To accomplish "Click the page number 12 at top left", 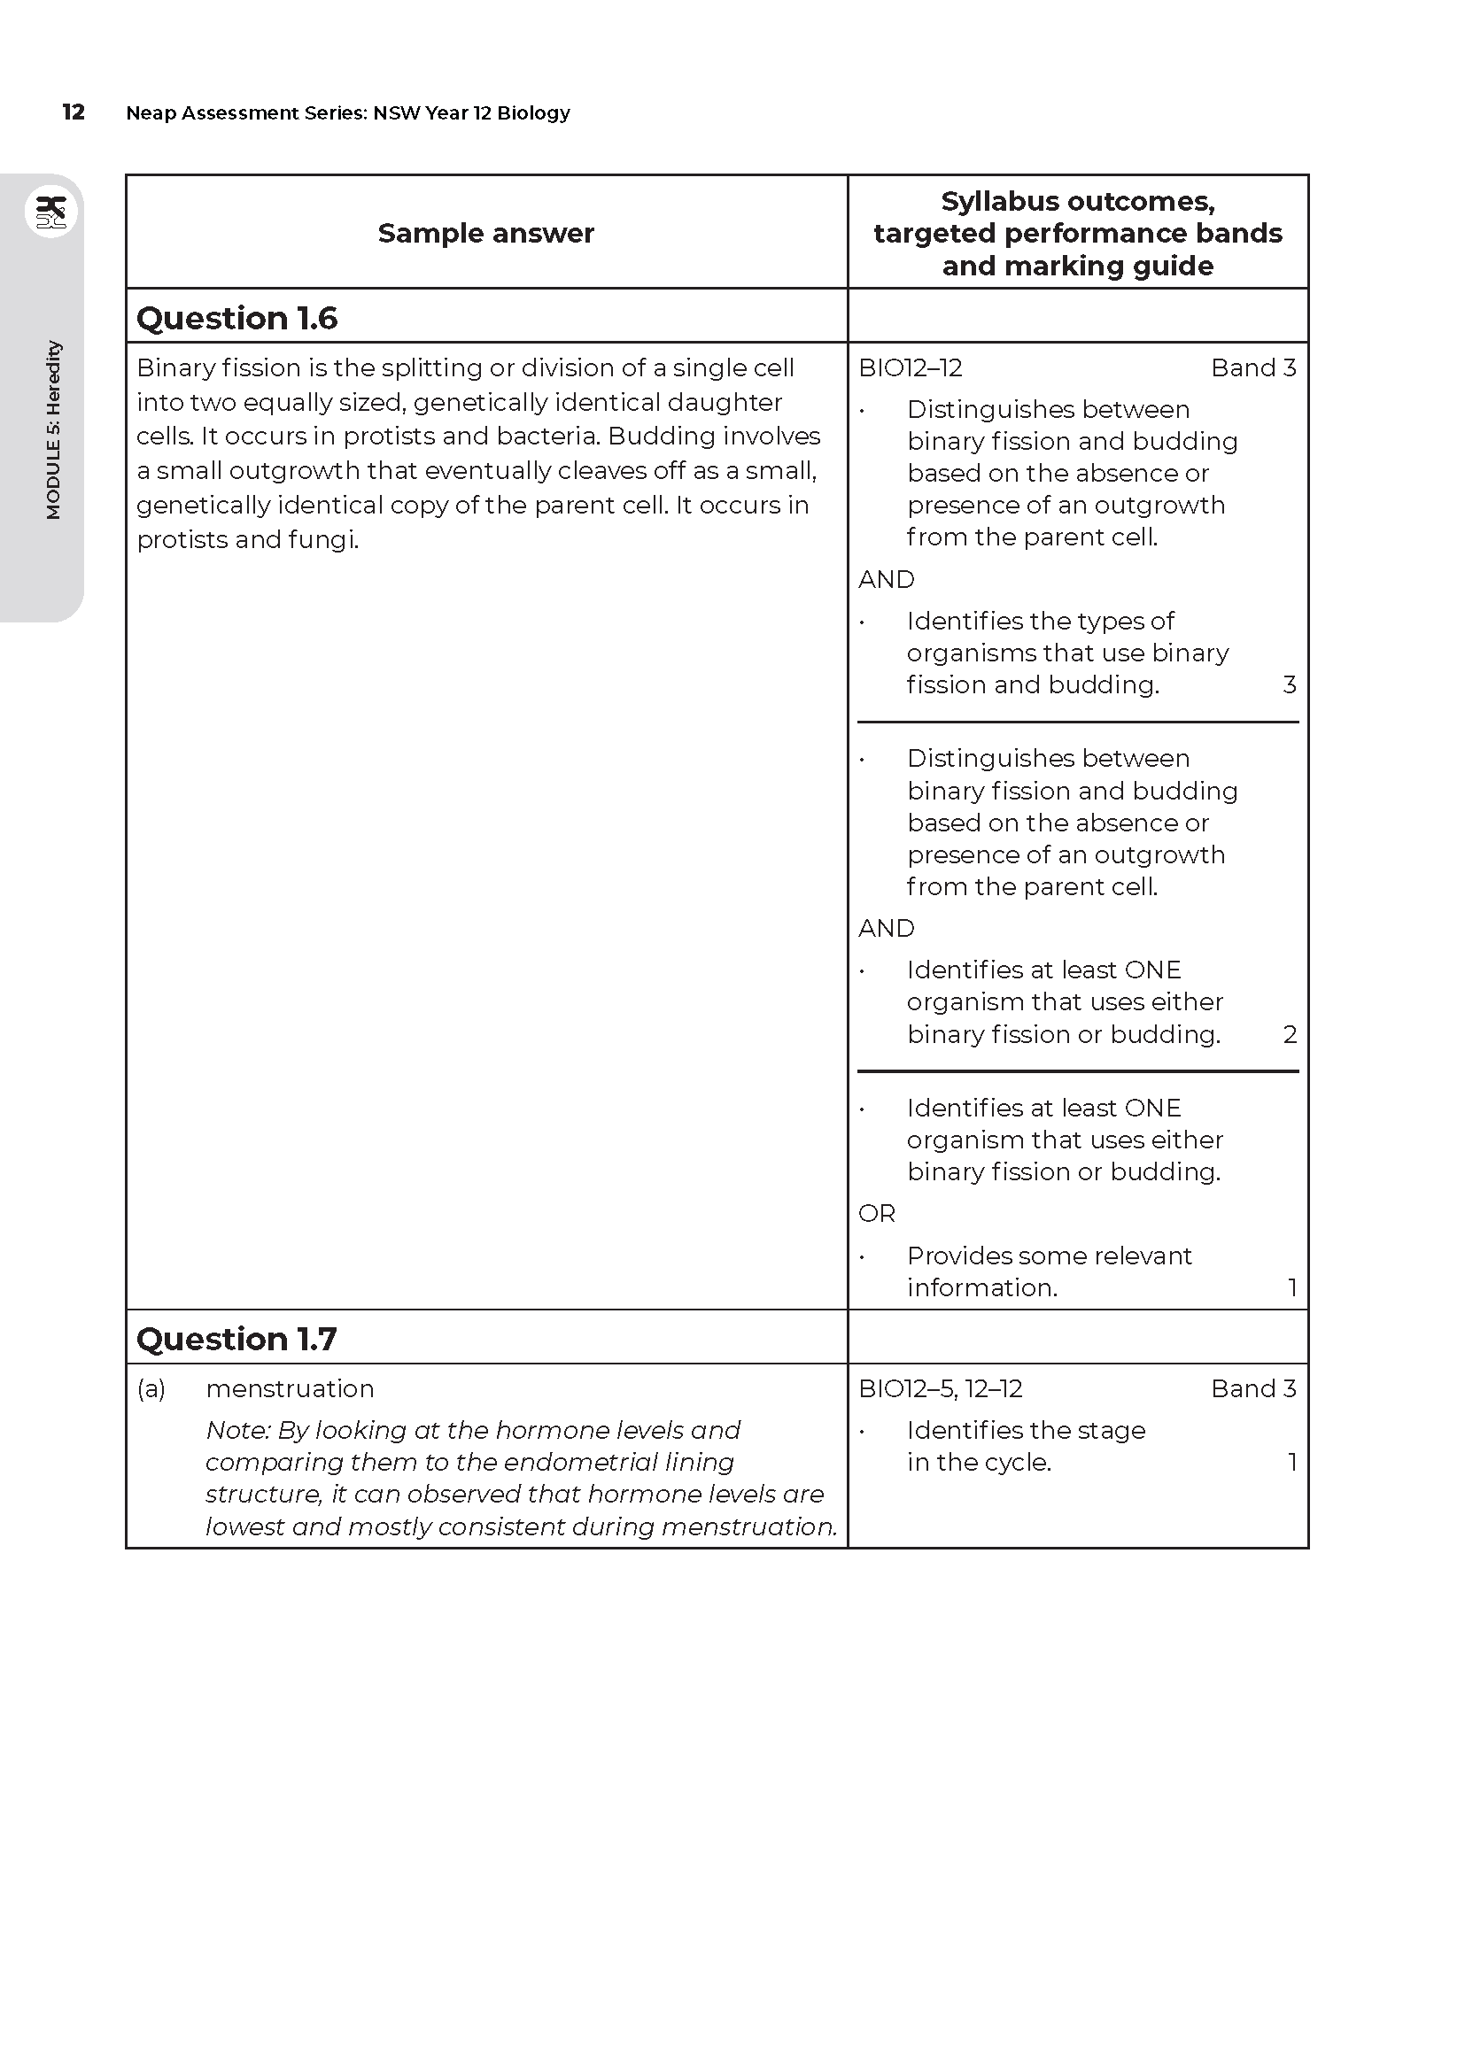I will coord(73,112).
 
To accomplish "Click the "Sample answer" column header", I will coord(485,233).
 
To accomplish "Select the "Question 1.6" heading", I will coord(236,318).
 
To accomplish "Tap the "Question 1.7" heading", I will coord(236,1339).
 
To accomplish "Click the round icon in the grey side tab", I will coord(51,212).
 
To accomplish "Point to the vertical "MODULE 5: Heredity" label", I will coord(53,429).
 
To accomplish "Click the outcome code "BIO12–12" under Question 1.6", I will coord(911,368).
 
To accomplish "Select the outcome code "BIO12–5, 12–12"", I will coord(940,1389).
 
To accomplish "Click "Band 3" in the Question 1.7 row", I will coord(1253,1389).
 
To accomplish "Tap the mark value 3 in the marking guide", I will coord(1289,684).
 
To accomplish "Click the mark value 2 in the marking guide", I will coord(1289,1034).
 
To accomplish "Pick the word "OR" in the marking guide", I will coord(877,1214).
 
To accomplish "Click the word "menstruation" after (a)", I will coord(290,1389).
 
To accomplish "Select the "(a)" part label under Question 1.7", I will coord(151,1389).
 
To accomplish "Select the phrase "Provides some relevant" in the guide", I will coord(1049,1256).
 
